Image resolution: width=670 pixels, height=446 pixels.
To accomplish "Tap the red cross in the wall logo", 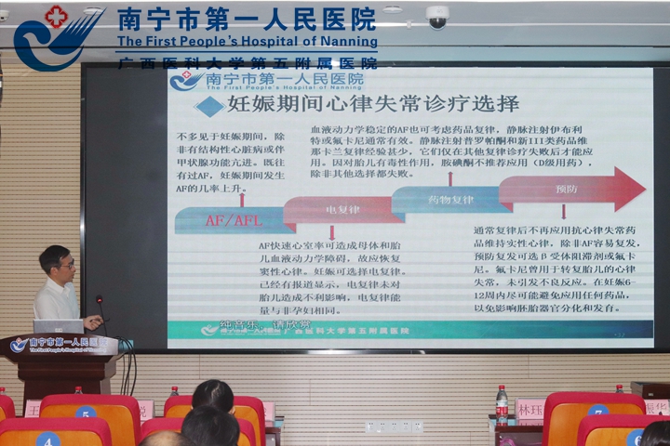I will (56, 16).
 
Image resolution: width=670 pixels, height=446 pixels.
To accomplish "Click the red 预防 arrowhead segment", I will (577, 189).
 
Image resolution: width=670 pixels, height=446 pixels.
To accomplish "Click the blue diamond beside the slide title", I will (209, 106).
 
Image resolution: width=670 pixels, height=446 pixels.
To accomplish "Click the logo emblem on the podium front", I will (19, 345).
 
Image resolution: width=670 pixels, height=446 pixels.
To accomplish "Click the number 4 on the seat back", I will (48, 439).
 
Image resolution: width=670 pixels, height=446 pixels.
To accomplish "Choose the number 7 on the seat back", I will (597, 412).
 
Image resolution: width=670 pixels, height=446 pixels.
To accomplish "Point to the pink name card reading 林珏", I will (530, 409).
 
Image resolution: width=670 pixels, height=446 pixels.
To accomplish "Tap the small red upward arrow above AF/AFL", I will (242, 198).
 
